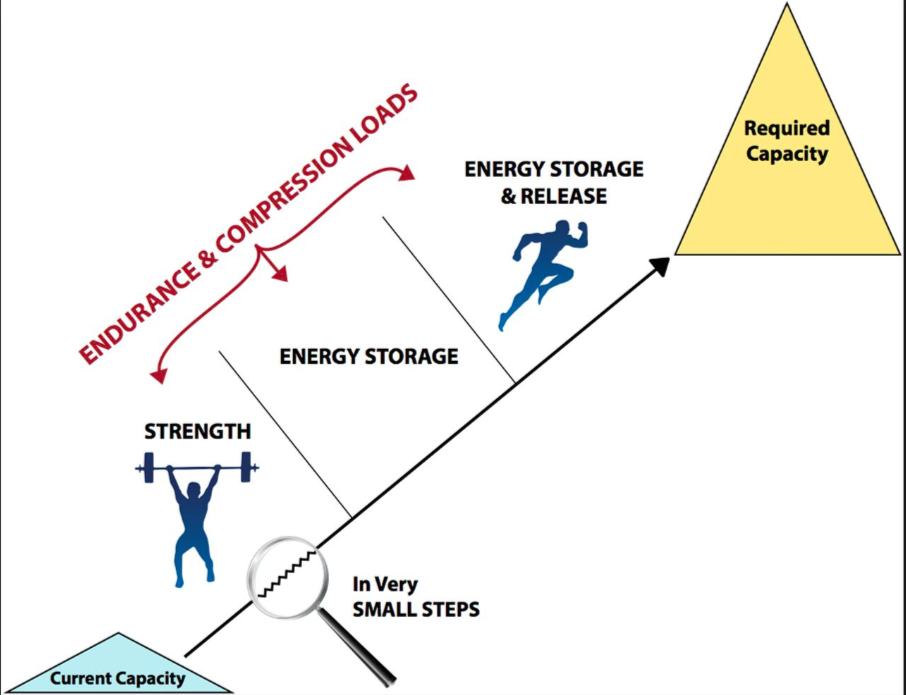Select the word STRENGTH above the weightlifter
click(x=197, y=432)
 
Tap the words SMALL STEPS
click(x=416, y=608)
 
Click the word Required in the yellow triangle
click(x=787, y=128)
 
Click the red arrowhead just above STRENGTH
click(x=156, y=377)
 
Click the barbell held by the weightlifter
click(x=196, y=465)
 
